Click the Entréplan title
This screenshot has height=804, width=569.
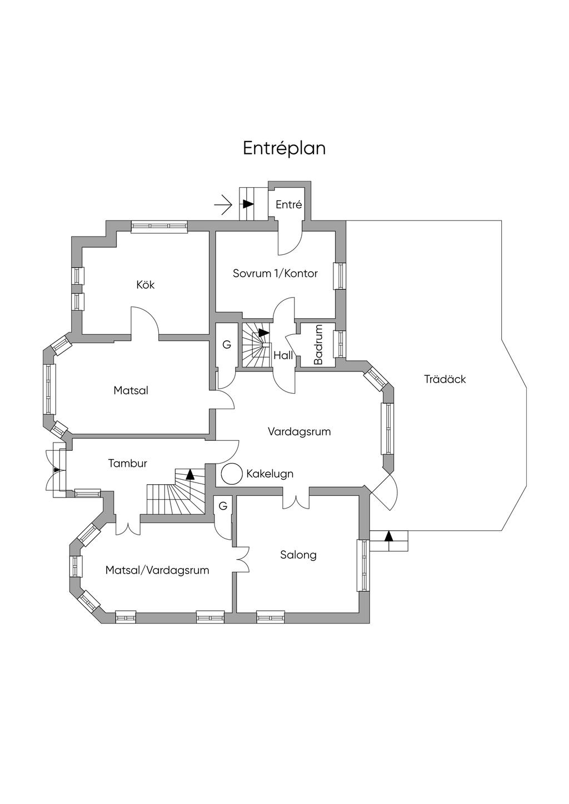coord(284,148)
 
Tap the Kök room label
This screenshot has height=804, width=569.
coord(146,285)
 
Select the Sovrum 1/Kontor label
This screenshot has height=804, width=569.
coord(275,273)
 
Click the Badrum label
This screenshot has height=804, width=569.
coord(318,345)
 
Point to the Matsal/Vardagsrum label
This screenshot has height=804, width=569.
coord(157,570)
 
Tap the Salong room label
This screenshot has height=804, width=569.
coord(298,555)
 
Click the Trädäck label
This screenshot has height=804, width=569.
coord(445,379)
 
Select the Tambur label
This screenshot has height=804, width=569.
coord(128,463)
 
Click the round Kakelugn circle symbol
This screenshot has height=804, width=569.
coord(232,474)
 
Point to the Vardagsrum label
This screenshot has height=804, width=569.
coord(299,431)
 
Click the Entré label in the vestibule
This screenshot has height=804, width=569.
coord(288,204)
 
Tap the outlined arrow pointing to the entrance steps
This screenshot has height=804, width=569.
coord(223,204)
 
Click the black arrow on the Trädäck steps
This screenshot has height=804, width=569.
coord(389,536)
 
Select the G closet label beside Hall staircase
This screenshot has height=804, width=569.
coord(227,345)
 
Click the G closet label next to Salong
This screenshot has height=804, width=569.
coord(223,506)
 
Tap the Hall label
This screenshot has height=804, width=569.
coord(283,355)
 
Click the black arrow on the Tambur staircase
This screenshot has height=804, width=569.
coord(190,474)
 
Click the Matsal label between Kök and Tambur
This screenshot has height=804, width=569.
coord(131,390)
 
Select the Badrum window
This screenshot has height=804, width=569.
coord(340,344)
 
